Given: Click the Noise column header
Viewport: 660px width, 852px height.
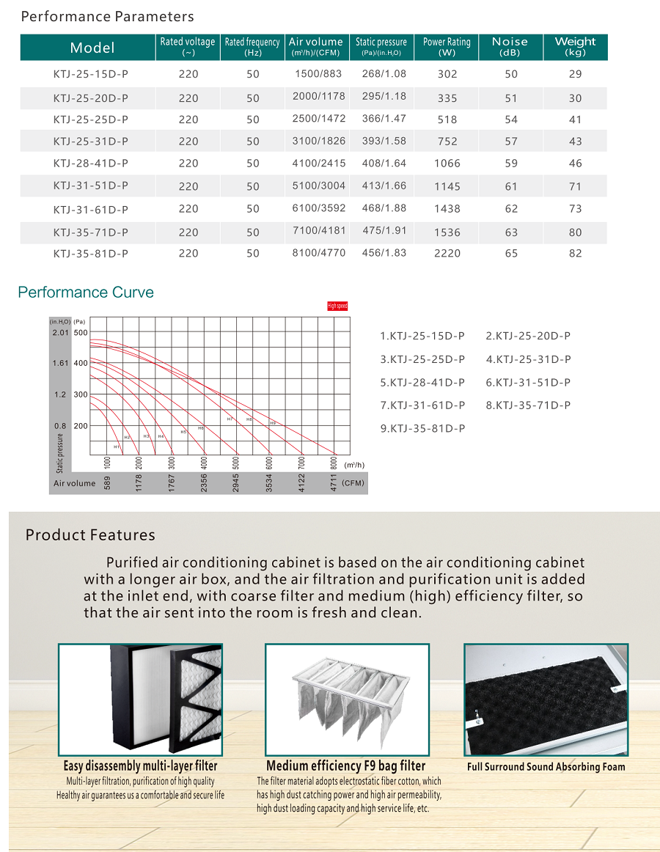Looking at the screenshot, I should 510,46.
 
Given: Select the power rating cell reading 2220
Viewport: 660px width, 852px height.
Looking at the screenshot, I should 447,253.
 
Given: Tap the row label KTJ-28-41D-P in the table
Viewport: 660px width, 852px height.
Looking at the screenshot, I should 91,164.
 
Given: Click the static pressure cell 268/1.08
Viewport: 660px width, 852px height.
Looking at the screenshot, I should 384,74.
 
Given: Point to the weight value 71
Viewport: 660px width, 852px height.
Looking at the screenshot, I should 575,186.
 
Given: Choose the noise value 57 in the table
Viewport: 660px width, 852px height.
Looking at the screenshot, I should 511,141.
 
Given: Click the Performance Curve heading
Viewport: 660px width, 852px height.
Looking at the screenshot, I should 86,293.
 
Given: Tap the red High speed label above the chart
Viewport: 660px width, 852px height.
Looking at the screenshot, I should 337,306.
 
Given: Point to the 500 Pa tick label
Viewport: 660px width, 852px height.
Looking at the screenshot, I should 80,333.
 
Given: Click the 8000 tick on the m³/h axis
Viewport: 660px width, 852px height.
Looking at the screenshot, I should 334,463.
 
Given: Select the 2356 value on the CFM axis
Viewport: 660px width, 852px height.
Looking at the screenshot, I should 204,482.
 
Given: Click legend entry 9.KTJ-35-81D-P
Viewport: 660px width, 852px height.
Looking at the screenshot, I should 422,428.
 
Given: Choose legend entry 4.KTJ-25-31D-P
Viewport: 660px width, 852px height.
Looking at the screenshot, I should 528,359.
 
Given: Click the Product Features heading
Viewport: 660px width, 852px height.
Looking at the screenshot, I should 90,535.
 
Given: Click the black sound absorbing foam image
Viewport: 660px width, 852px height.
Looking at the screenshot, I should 546,699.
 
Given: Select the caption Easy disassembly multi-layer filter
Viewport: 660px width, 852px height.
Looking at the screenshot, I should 140,766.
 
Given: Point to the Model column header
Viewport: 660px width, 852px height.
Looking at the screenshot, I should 92,48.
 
